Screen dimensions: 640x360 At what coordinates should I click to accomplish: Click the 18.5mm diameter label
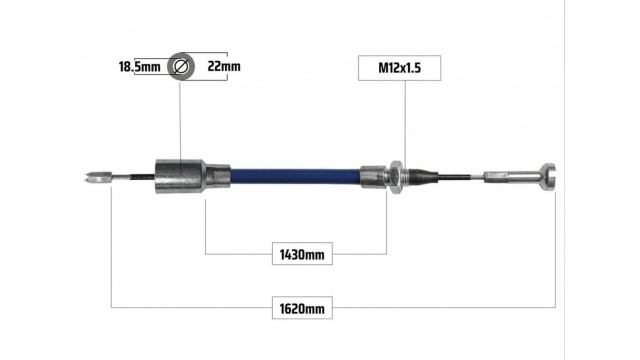point(140,67)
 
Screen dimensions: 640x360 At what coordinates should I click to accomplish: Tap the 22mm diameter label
point(224,66)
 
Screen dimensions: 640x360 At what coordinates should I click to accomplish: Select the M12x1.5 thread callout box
point(399,68)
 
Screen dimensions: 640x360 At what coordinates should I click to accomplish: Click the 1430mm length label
point(302,255)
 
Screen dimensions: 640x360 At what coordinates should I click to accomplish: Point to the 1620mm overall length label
point(302,309)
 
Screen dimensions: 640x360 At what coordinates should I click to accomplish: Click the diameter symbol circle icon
point(181,66)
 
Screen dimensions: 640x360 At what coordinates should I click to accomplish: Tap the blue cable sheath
point(295,176)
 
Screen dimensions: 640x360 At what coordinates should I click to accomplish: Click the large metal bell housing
point(180,176)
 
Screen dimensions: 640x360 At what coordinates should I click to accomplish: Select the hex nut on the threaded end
point(396,177)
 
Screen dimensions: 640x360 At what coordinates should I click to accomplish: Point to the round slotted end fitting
point(547,177)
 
